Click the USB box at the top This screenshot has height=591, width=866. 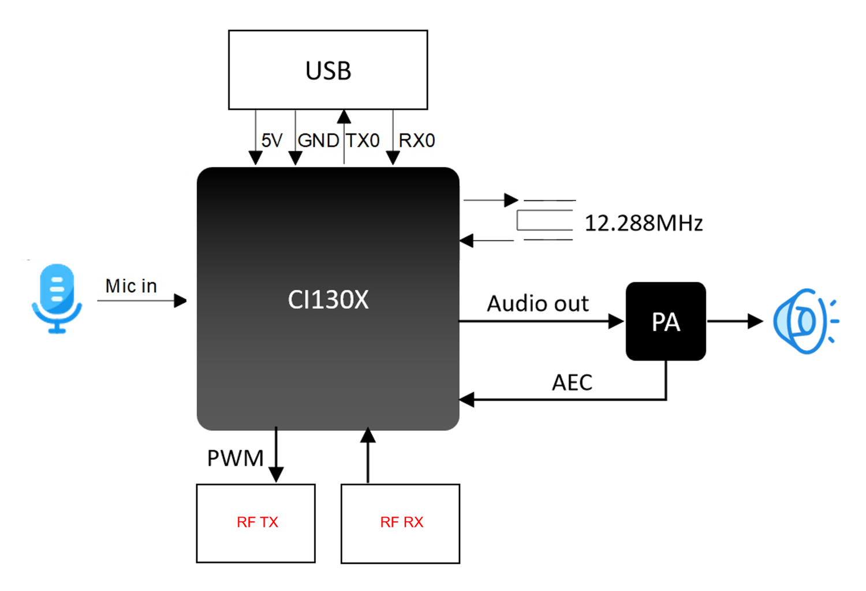(x=328, y=70)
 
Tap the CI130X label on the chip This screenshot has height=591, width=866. (x=328, y=299)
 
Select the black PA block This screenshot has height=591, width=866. (x=666, y=321)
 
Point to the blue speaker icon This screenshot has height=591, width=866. (x=805, y=321)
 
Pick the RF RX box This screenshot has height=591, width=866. (x=401, y=523)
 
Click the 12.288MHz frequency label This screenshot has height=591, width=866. (x=644, y=223)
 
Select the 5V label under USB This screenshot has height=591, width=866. (x=272, y=140)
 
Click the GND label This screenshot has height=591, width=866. (x=318, y=140)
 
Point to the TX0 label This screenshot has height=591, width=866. (x=363, y=140)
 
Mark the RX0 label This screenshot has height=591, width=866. (x=417, y=140)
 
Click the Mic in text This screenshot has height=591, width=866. (x=131, y=286)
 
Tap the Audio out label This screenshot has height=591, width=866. (x=537, y=304)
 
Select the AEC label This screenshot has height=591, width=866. (x=572, y=382)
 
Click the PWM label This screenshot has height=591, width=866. (x=235, y=458)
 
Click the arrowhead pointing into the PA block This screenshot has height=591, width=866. (x=617, y=321)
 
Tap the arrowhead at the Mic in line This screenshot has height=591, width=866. (x=181, y=300)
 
